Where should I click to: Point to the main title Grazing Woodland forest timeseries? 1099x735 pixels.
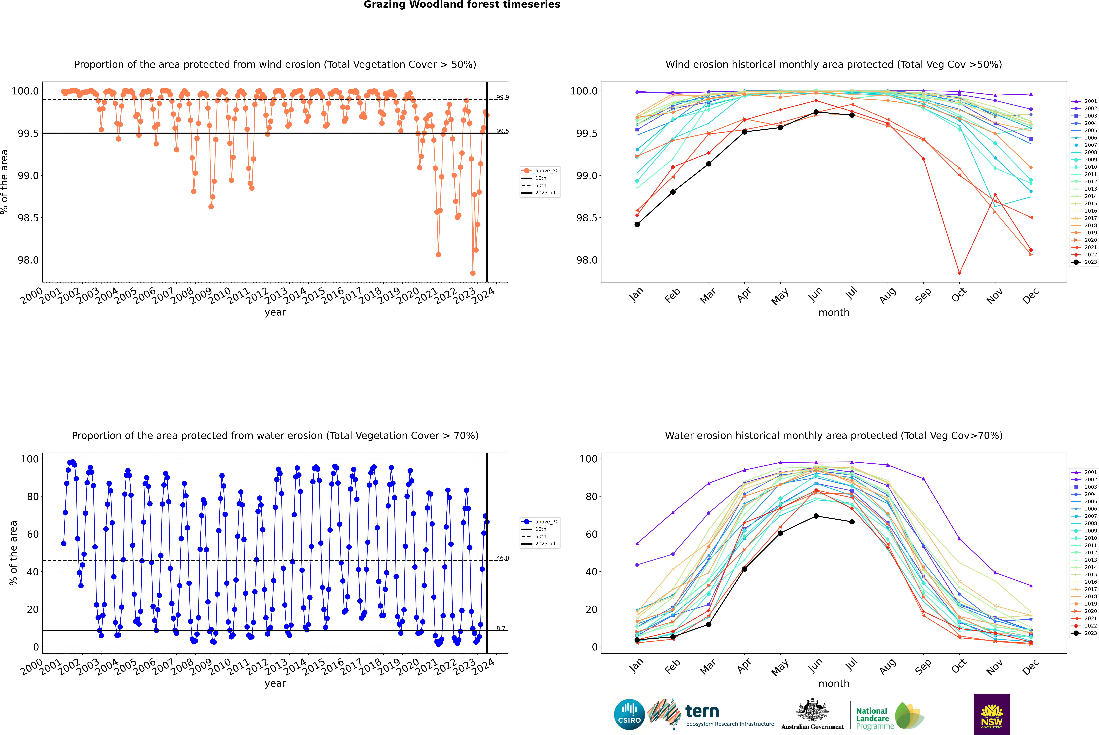click(462, 5)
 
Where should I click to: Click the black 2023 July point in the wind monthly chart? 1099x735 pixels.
click(852, 115)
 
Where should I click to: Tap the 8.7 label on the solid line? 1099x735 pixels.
click(501, 628)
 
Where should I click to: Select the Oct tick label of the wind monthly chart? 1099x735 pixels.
click(958, 295)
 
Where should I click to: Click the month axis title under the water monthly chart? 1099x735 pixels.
click(834, 683)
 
